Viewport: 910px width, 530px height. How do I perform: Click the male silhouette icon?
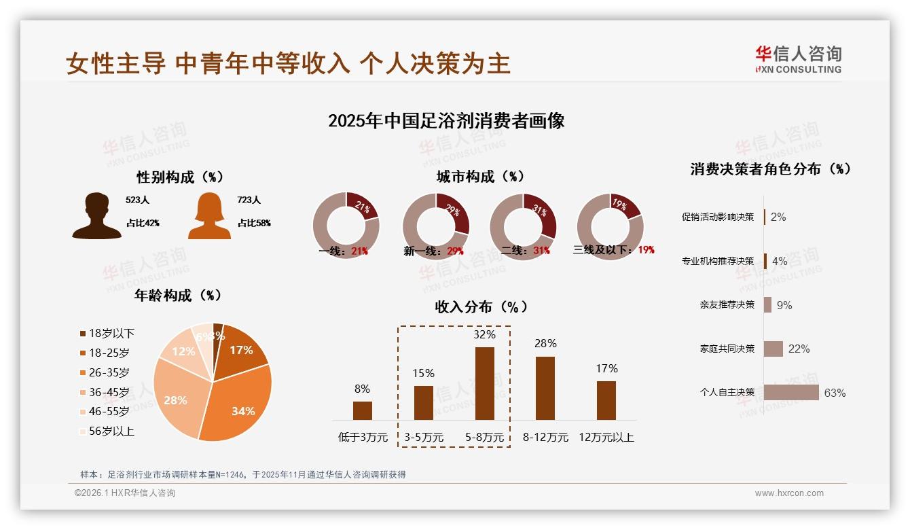pos(96,216)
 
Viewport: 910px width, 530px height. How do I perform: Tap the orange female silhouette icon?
pos(209,216)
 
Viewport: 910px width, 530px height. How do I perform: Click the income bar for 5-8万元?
pos(484,383)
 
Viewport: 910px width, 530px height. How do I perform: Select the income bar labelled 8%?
pos(363,410)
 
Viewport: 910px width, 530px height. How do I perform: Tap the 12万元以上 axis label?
pos(606,438)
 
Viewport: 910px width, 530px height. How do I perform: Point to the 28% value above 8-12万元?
pos(545,344)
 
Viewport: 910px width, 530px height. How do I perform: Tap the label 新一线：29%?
pos(433,251)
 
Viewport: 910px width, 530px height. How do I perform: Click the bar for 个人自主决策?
pos(791,393)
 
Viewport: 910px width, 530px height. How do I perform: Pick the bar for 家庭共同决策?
pos(773,349)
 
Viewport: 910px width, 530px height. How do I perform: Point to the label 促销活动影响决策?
pos(718,217)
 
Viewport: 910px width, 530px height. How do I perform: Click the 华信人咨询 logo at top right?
pos(798,59)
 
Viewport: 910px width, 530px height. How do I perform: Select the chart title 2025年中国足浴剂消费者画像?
pos(446,121)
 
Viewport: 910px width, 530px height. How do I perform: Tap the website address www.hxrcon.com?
pos(789,493)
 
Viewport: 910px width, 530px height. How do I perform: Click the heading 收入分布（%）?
pos(481,307)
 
